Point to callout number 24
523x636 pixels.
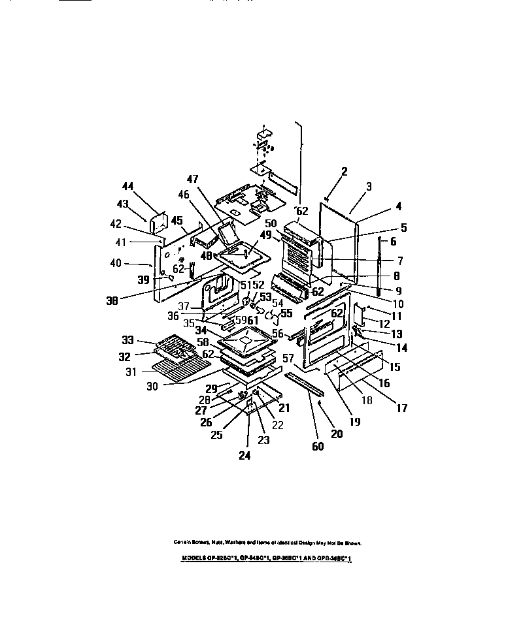245,455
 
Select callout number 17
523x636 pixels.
401,409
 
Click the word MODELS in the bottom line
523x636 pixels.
193,560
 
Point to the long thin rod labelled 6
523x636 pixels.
379,258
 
